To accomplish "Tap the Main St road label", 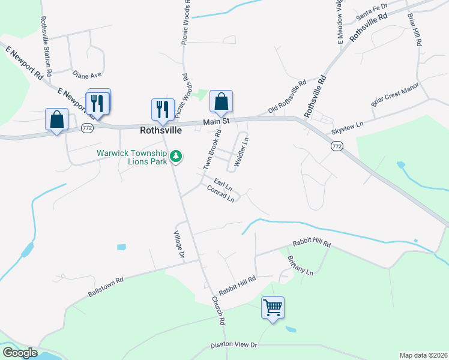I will coord(217,122).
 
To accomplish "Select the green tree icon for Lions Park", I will coord(175,156).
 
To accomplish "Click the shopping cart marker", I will coord(273,308).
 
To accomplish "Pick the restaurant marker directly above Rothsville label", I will coord(162,110).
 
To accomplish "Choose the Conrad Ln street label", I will coord(220,193).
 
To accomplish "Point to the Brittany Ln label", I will coord(300,264).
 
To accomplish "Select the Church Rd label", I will coord(217,311).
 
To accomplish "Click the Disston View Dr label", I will coord(234,346).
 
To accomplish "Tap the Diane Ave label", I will coord(87,75).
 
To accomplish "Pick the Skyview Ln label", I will coord(348,128).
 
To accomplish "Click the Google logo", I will coord(19,353).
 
